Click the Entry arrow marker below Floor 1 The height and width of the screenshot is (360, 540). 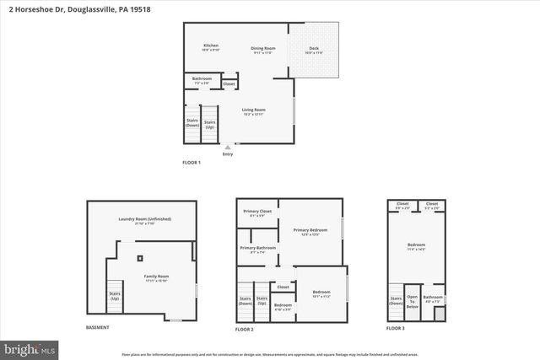(227, 148)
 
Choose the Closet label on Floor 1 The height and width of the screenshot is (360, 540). (229, 83)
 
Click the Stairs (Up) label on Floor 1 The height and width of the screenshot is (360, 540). (209, 123)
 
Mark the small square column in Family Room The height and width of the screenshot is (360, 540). (140, 257)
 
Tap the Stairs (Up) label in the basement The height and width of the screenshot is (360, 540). (115, 296)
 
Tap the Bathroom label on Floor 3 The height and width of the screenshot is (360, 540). (433, 298)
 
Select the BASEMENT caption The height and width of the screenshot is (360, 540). (98, 327)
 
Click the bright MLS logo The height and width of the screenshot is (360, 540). (30, 347)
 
